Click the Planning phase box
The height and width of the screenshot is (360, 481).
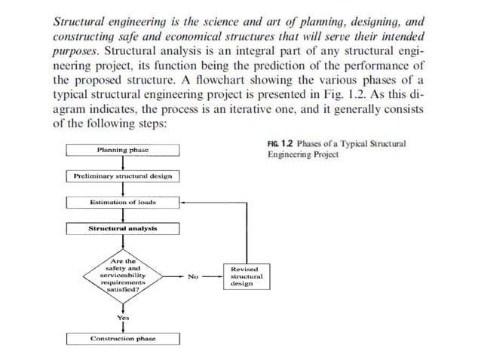point(123,150)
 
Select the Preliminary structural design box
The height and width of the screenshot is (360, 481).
point(123,176)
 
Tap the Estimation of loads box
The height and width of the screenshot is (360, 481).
point(123,202)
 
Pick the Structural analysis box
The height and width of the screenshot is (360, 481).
point(123,228)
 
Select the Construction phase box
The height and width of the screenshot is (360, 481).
point(123,339)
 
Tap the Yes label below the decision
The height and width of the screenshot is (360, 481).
point(123,318)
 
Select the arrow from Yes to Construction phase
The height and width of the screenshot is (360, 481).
point(123,328)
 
